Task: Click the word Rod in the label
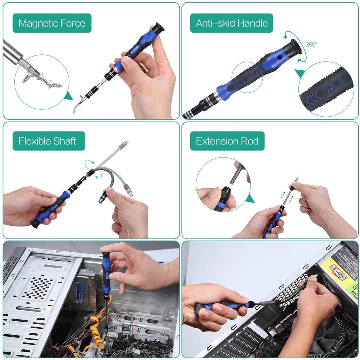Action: coord(250,141)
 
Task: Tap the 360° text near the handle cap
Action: coord(311,45)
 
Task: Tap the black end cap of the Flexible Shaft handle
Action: coord(35,224)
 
